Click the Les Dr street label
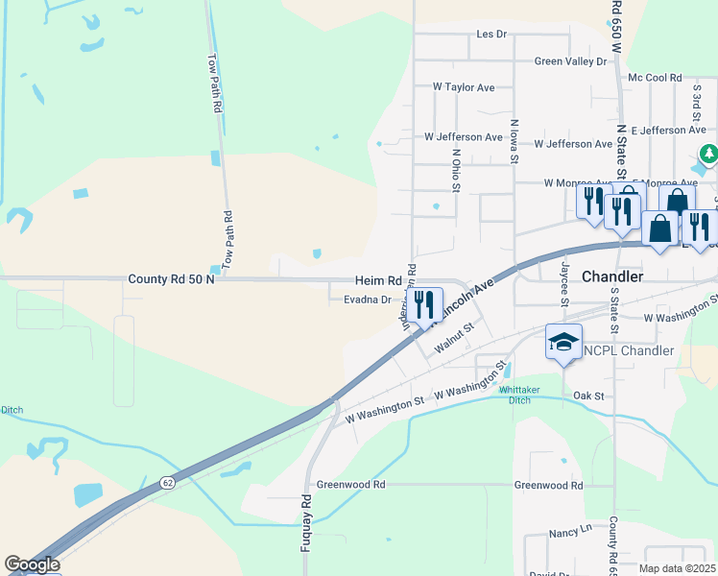click(x=491, y=35)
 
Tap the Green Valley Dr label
click(x=571, y=61)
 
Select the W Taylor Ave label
click(x=464, y=87)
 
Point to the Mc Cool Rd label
click(x=654, y=78)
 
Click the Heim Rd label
click(x=377, y=280)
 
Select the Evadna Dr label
click(x=368, y=300)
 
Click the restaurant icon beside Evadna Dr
click(x=426, y=306)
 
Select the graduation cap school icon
click(x=563, y=342)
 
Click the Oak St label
click(x=587, y=396)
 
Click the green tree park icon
click(x=709, y=153)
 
